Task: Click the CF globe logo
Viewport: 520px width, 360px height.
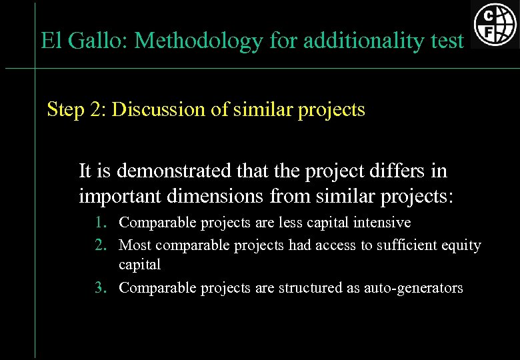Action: [495, 25]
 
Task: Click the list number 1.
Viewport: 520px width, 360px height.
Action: [99, 223]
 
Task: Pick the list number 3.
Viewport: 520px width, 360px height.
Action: [99, 288]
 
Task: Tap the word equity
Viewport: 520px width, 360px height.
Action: [461, 245]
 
